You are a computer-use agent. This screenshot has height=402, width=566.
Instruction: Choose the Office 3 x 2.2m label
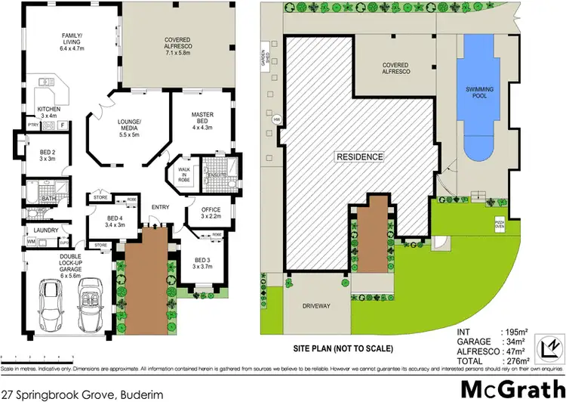pyautogui.click(x=211, y=213)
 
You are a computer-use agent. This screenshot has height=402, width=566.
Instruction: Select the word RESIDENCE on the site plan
pyautogui.click(x=360, y=157)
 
